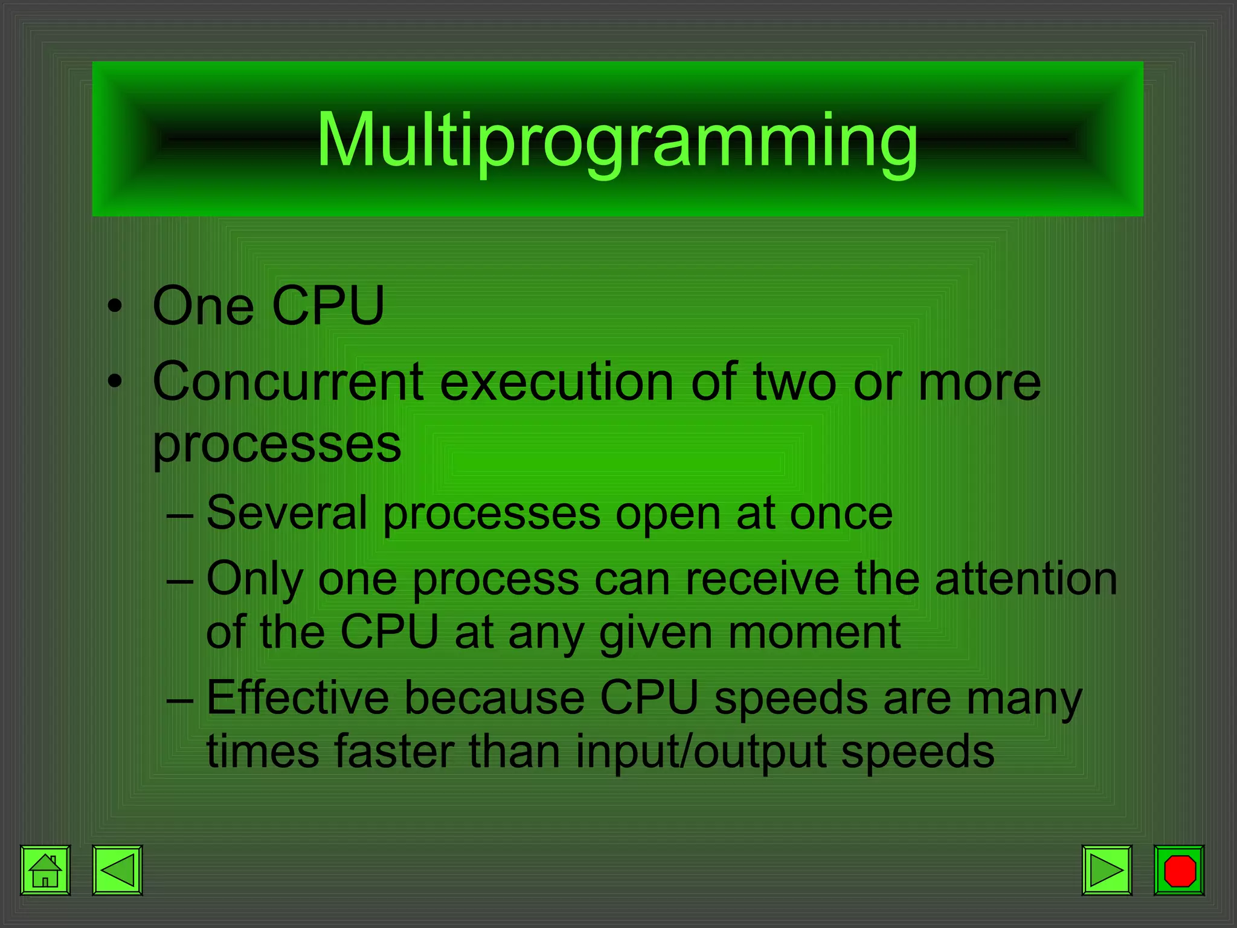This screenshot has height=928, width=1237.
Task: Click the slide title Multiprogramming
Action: [x=617, y=140]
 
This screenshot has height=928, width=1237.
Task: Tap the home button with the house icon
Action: [x=45, y=870]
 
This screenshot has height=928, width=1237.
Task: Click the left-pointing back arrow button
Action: [x=117, y=870]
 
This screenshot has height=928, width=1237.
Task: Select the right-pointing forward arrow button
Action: [x=1107, y=870]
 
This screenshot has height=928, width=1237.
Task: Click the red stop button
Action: [x=1178, y=870]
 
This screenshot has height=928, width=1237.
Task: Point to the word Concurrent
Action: [x=288, y=382]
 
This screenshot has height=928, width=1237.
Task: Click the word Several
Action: [x=287, y=513]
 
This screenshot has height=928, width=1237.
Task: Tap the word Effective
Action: [x=297, y=698]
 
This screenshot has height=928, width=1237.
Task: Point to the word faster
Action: [x=394, y=751]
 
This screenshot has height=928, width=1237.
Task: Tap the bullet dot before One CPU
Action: [x=115, y=306]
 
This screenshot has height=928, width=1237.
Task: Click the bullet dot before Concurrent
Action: [x=115, y=382]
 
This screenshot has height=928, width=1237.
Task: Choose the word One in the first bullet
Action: [x=203, y=306]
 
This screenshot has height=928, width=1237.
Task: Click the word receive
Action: [x=762, y=579]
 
